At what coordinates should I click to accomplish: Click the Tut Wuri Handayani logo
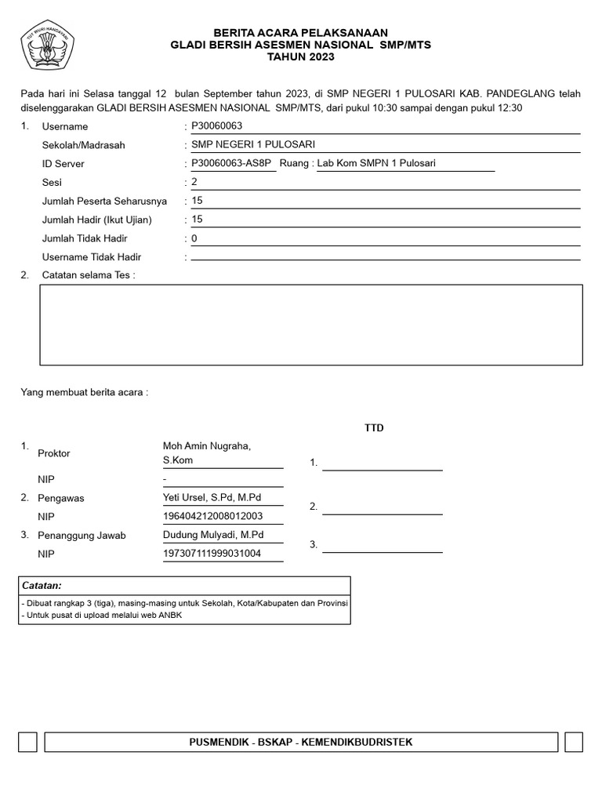tap(49, 45)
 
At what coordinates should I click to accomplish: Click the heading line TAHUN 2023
tap(301, 57)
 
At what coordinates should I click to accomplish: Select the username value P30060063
tap(218, 125)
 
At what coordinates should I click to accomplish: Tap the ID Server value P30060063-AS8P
tap(230, 163)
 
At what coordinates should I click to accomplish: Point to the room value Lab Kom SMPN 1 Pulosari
tap(375, 163)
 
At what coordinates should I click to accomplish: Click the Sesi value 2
tap(194, 182)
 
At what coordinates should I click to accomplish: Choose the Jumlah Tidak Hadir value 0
tap(194, 238)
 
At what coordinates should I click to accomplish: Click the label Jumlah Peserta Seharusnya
tap(104, 201)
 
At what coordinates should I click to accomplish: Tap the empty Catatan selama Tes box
tap(311, 325)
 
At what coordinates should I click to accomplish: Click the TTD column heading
tap(374, 428)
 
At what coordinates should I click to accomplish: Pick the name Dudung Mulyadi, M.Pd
tap(213, 535)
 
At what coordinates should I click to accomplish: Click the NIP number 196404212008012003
tap(212, 516)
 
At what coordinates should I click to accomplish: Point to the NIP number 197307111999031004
tap(212, 554)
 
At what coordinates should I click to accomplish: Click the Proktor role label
tap(54, 453)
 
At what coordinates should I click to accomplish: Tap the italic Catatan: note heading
tap(42, 586)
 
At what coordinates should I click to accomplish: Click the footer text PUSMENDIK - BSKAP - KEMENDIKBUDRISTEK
tap(301, 742)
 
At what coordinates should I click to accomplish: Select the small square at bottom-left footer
tap(27, 742)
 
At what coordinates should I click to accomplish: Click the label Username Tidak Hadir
tap(92, 257)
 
